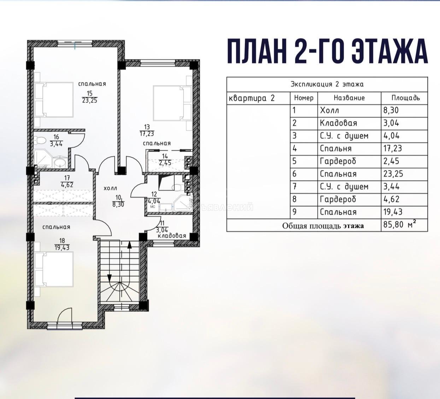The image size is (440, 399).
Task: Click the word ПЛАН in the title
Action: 257,52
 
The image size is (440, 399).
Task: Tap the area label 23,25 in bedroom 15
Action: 90,100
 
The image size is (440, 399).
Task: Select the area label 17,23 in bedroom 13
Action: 147,134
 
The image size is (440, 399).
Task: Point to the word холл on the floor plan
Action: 110,188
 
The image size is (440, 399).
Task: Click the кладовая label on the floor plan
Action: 172,236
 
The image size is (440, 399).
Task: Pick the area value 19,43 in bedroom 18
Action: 62,248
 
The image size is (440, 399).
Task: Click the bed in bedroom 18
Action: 54,269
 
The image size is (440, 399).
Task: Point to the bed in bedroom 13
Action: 172,103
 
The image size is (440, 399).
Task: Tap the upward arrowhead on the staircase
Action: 129,245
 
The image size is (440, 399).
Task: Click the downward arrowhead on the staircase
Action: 110,278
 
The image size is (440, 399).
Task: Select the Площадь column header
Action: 406,98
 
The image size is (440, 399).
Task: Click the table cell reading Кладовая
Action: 338,123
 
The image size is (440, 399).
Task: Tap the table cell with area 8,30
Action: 391,110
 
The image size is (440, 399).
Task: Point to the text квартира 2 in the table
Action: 251,98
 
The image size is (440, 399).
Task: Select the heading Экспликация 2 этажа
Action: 327,84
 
